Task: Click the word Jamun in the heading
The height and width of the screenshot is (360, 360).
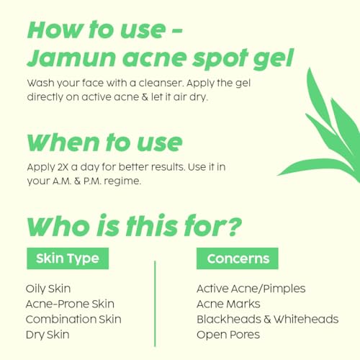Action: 71,58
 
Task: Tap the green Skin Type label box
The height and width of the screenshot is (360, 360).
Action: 68,258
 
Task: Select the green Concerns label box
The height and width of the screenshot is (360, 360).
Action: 238,258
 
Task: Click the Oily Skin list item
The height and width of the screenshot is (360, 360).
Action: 48,289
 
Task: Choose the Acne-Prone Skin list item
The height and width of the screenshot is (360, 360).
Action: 70,304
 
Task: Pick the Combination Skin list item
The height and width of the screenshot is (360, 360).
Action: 73,319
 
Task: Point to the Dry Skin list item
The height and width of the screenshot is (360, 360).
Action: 48,335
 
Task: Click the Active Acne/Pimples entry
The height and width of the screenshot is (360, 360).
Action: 251,289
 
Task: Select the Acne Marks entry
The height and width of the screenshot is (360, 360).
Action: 228,304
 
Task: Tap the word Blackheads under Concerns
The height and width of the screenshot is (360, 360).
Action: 229,319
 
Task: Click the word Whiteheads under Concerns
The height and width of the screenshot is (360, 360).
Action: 306,319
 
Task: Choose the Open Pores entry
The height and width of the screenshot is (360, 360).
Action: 228,335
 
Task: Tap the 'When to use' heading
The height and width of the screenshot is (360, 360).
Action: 105,143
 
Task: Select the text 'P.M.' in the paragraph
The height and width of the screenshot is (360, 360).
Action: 92,181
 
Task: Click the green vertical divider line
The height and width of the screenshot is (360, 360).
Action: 155,304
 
